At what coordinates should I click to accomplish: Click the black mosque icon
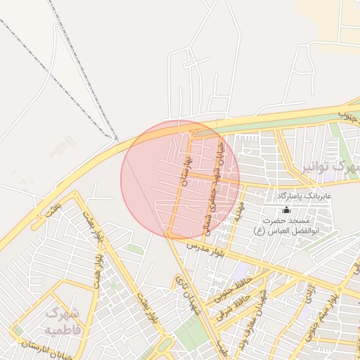click(285, 210)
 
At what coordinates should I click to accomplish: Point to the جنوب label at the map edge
click(347, 112)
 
